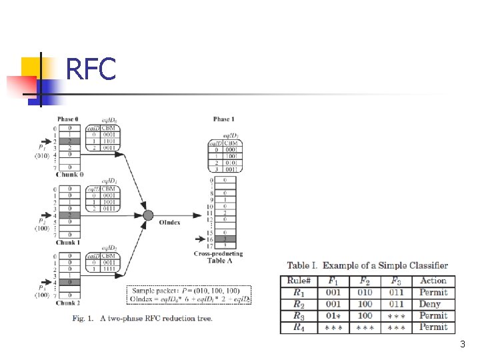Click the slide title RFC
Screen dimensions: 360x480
(x=91, y=68)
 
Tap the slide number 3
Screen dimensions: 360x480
(x=462, y=344)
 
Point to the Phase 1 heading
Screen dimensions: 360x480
(x=223, y=119)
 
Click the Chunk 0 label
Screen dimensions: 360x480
(x=69, y=175)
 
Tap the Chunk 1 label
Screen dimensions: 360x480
(x=68, y=243)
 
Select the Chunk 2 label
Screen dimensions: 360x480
(x=68, y=303)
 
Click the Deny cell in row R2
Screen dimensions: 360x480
(x=430, y=304)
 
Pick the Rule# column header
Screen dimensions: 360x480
(x=299, y=281)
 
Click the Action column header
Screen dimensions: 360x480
(x=433, y=281)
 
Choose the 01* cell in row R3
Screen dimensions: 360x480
(x=333, y=315)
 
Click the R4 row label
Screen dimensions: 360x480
(x=299, y=327)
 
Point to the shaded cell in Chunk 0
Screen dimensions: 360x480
(x=70, y=141)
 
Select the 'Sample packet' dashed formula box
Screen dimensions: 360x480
(x=189, y=295)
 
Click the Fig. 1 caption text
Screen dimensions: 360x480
(x=143, y=318)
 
